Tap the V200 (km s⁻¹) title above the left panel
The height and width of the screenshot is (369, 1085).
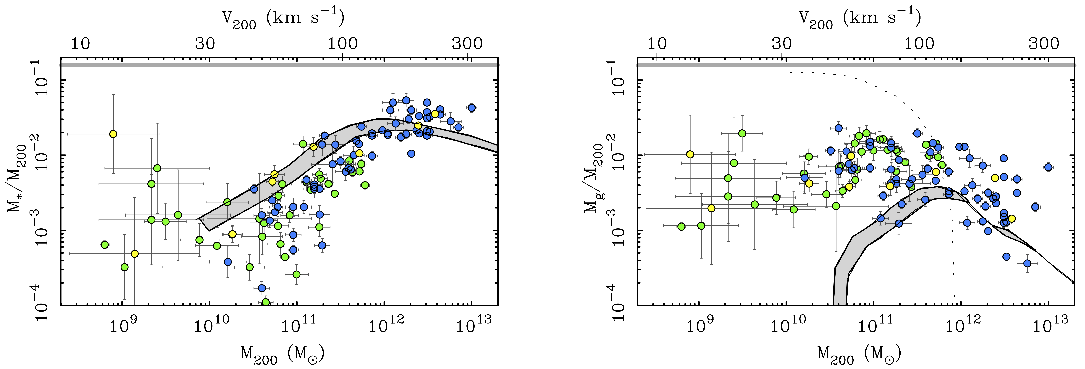(283, 19)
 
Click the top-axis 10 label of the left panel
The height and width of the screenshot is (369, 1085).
(80, 43)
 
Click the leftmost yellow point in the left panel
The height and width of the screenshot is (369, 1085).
(113, 134)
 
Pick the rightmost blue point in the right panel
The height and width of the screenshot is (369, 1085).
(1048, 167)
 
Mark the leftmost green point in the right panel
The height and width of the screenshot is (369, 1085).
(681, 226)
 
